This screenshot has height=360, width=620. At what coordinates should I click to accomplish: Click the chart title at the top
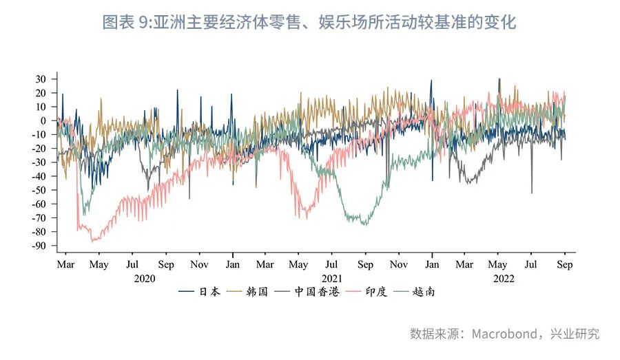point(309,23)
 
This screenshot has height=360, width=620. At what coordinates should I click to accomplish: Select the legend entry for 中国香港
point(315,292)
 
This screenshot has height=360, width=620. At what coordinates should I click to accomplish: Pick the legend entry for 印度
point(372,292)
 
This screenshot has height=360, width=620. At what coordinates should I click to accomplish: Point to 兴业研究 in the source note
point(577,334)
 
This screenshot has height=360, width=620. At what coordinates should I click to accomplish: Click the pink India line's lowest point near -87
point(93,241)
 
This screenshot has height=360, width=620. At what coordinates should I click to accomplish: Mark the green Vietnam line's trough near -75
point(365,224)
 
